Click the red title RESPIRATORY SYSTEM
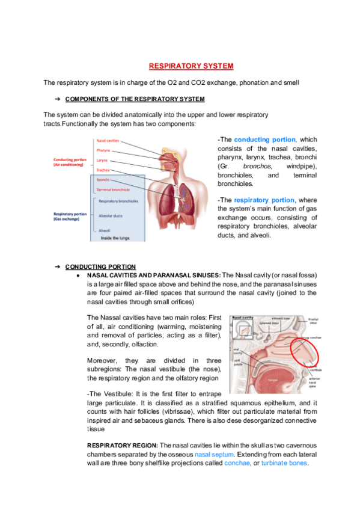[191, 66]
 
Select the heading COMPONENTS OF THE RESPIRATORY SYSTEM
[135, 99]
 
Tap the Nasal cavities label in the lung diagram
[108, 141]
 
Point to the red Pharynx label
[103, 150]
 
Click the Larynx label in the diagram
[102, 161]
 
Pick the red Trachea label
[103, 170]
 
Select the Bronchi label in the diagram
[102, 180]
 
